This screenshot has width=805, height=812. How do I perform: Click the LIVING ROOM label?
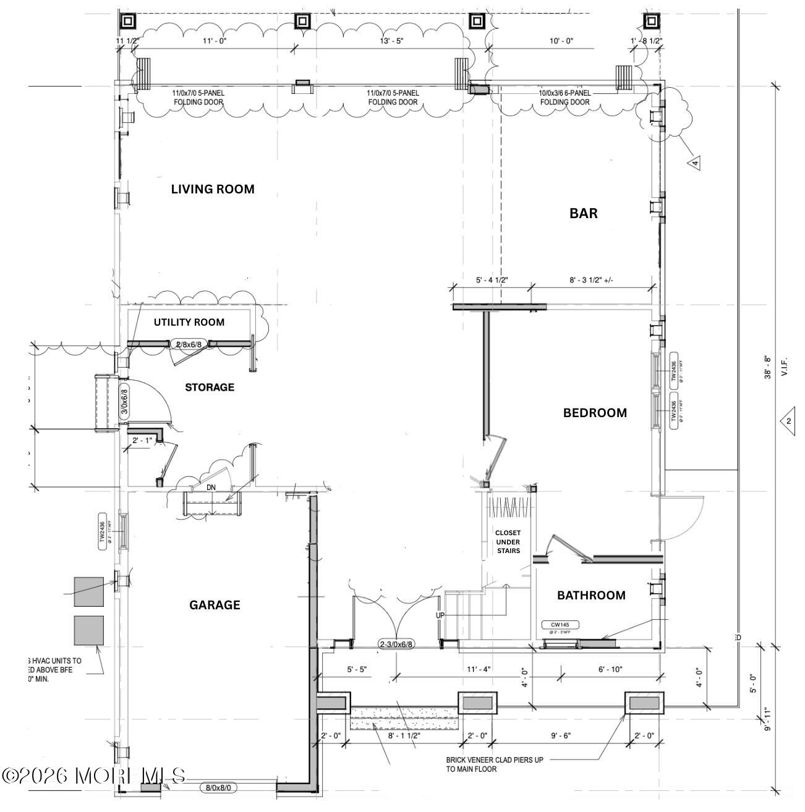213,190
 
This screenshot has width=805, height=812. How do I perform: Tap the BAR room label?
583,213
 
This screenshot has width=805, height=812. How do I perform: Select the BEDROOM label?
595,413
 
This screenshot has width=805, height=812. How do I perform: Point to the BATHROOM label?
591,595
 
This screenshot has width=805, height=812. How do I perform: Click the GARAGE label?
215,605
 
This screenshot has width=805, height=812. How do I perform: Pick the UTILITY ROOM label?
189,322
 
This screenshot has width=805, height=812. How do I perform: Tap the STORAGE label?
210,387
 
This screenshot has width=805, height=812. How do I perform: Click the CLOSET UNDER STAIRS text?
508,541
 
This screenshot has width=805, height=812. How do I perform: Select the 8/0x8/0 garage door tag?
219,788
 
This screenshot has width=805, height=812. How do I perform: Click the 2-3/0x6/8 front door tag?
396,645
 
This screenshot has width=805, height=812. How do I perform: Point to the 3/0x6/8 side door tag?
123,402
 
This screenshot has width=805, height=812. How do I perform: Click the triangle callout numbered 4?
695,163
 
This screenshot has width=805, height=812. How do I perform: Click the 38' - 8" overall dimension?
767,366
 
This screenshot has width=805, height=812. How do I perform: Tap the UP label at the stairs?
440,615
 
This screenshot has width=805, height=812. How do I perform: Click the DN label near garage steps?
211,488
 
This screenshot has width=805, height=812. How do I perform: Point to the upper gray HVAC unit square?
88,591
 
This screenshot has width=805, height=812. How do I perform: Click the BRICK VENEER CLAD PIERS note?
495,764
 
